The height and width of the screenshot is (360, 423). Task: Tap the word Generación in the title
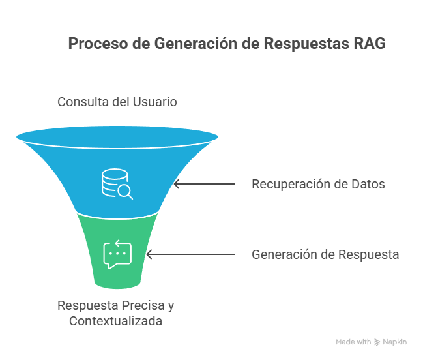pos(196,43)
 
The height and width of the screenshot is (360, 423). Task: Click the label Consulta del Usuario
pos(117,102)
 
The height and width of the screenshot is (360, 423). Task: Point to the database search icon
pos(117,184)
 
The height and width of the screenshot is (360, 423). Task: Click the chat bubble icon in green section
pos(117,254)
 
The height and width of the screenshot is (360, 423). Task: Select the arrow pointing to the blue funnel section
pos(205,184)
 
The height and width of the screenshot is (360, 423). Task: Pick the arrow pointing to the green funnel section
pos(191,254)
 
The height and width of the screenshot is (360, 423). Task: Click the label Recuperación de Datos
pos(318,184)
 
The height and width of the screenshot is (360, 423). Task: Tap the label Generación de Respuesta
pos(325,254)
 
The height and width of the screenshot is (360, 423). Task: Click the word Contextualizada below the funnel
pos(116,321)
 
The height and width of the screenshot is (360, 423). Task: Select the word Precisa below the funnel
pos(143,305)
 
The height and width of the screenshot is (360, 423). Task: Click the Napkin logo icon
pos(377,342)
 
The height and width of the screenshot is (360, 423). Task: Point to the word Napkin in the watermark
pos(395,342)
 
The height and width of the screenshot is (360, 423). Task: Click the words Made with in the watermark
pos(353,342)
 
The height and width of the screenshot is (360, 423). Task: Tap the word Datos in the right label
pos(368,184)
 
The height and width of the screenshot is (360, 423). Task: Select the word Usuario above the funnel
pos(155,102)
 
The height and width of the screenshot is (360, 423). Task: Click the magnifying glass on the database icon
pos(125,192)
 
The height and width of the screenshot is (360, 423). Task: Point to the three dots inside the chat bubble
pos(117,254)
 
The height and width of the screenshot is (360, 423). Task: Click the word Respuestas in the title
pos(306,43)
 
